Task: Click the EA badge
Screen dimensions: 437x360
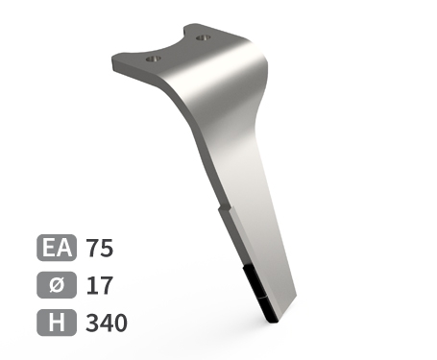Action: tap(57, 248)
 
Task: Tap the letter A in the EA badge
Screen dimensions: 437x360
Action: tap(65, 248)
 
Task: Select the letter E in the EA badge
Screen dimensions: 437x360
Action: tap(49, 248)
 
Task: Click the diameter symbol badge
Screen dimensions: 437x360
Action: tap(57, 285)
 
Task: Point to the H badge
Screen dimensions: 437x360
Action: tap(57, 323)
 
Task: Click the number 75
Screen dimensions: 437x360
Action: tap(100, 248)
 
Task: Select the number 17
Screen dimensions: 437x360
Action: tap(100, 285)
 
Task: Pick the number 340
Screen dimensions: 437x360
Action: tap(107, 323)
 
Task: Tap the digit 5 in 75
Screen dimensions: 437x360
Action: tap(107, 249)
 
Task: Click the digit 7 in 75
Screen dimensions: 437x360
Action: tap(92, 248)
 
